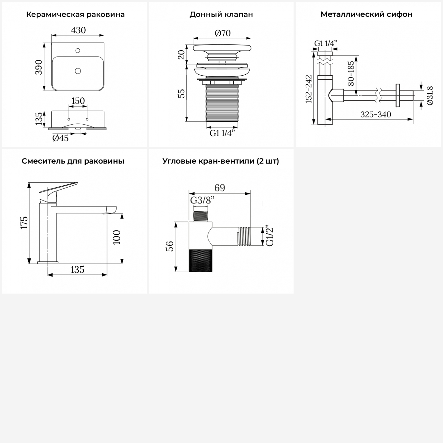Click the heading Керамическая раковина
75,14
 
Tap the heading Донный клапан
221,14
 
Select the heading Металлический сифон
367,14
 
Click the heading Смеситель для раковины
73,161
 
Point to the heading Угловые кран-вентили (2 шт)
221,161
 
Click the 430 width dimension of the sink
78,30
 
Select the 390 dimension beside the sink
39,67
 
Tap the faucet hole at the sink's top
78,51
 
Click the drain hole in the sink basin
78,71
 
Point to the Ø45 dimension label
61,138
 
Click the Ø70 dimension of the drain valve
222,33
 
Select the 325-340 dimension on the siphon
376,115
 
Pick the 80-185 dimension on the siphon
351,73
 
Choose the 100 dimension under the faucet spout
117,237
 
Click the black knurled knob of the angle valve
201,260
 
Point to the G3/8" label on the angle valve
202,200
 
